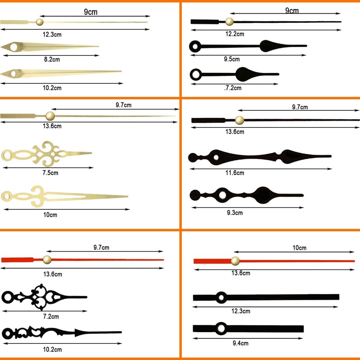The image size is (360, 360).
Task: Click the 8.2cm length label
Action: pyautogui.click(x=52, y=59)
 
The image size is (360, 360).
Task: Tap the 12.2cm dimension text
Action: pyautogui.click(x=234, y=34)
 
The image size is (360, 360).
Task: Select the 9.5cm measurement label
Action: pyautogui.click(x=232, y=59)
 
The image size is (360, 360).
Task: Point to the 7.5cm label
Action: pyautogui.click(x=50, y=173)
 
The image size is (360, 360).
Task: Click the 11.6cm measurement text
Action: pyautogui.click(x=234, y=173)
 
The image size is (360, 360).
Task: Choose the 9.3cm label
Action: pyautogui.click(x=234, y=212)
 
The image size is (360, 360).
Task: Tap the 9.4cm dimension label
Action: pyautogui.click(x=240, y=343)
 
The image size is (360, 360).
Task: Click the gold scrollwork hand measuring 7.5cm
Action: pyautogui.click(x=46, y=154)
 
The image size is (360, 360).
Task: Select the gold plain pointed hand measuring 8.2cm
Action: pyautogui.click(x=49, y=47)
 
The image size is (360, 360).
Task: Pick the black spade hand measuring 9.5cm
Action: pyautogui.click(x=248, y=46)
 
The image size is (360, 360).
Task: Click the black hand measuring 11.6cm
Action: pyautogui.click(x=260, y=157)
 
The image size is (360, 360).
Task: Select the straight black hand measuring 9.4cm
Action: pyautogui.click(x=248, y=328)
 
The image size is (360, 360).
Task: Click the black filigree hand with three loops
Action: pyautogui.click(x=44, y=297)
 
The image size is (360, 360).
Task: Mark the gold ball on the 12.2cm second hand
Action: pyautogui.click(x=229, y=22)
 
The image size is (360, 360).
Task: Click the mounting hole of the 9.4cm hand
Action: pyautogui.click(x=221, y=328)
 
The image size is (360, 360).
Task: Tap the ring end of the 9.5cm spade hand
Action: pyautogui.click(x=195, y=46)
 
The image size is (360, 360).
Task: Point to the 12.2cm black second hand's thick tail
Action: pyautogui.click(x=205, y=22)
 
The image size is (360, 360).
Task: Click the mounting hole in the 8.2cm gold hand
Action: pyautogui.click(x=13, y=47)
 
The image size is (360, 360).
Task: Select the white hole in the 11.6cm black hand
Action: pyautogui.click(x=216, y=157)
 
